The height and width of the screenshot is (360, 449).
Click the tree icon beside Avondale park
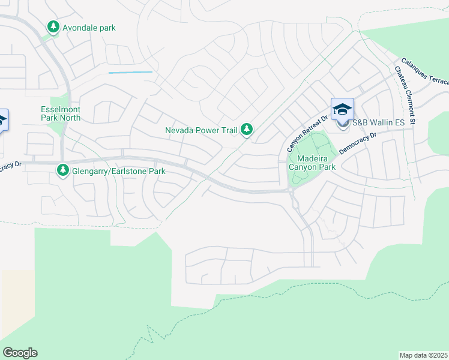(53, 28)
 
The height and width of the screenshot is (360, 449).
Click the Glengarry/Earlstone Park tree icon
(63, 171)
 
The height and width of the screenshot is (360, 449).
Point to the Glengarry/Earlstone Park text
(118, 172)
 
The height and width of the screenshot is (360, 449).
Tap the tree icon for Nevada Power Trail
(246, 129)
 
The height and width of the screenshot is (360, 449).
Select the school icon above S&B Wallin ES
(342, 109)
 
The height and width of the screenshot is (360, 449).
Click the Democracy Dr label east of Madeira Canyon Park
(357, 144)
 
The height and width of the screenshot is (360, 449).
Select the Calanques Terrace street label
(424, 73)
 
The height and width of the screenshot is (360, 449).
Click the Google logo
(20, 353)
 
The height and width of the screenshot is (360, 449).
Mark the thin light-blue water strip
(130, 73)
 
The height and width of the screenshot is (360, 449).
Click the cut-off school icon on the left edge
(3, 119)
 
